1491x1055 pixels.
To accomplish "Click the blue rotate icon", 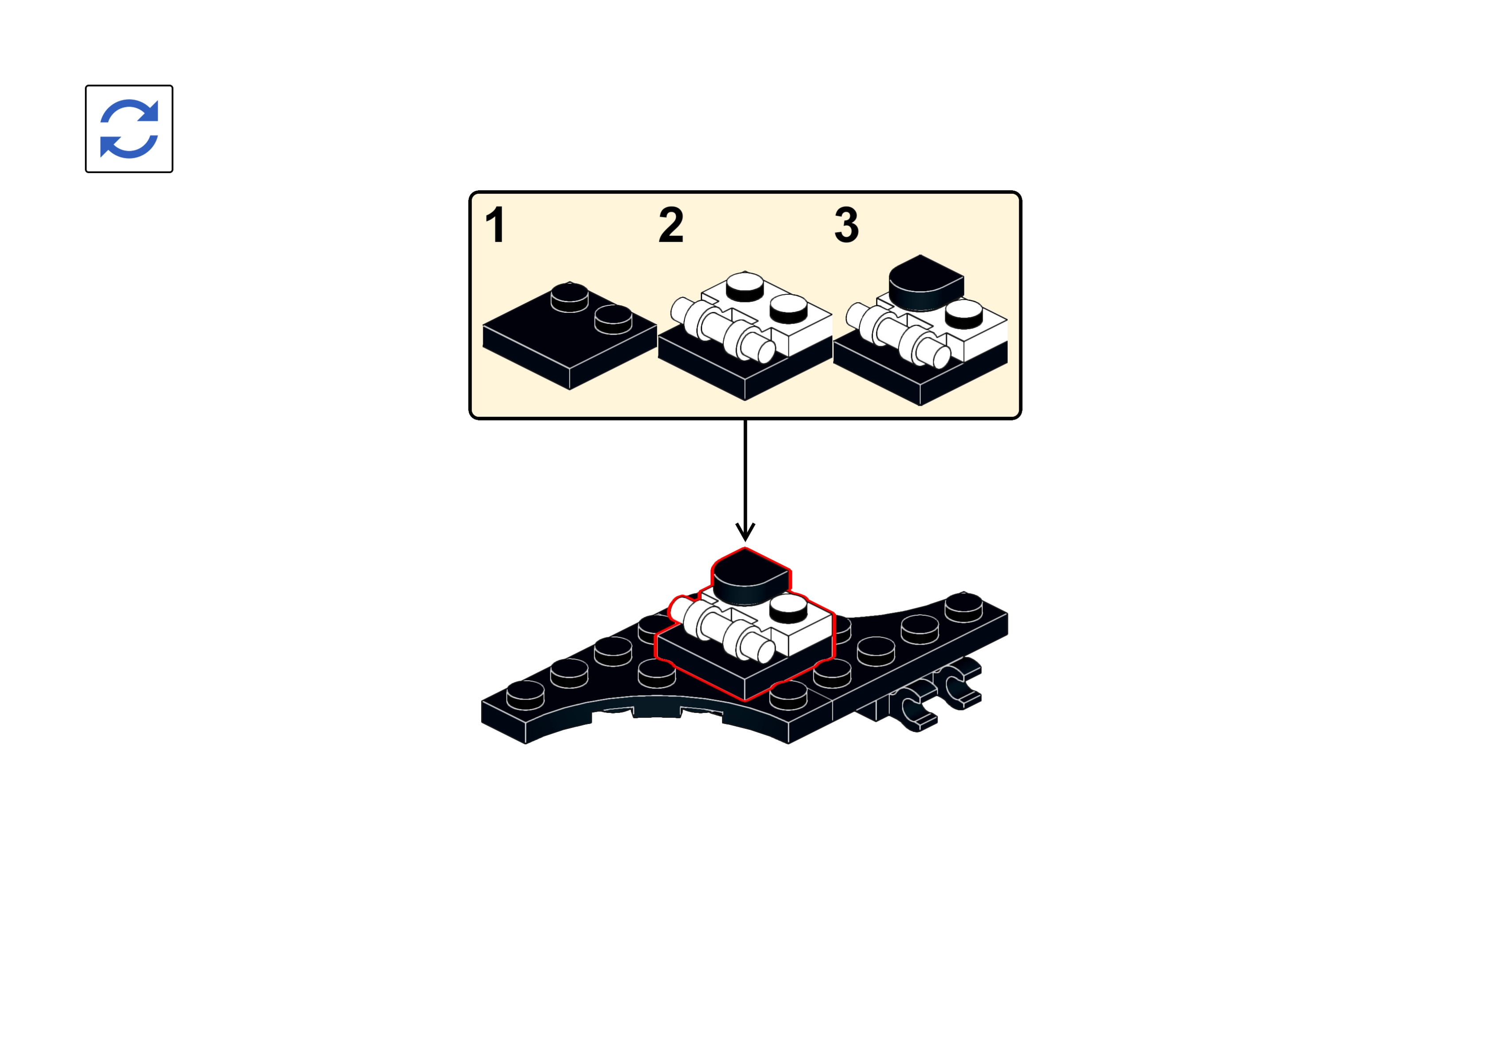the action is pos(129,129).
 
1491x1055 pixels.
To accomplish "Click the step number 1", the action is pos(496,225).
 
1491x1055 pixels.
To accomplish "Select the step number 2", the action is pos(671,225).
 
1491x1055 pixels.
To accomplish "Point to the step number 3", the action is pos(846,225).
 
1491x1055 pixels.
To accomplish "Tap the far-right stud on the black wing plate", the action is pos(963,607).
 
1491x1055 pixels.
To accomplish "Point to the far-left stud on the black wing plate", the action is pos(525,695).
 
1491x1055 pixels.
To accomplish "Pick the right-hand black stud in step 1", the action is pos(613,319).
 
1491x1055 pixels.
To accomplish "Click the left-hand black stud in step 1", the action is pos(570,297).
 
